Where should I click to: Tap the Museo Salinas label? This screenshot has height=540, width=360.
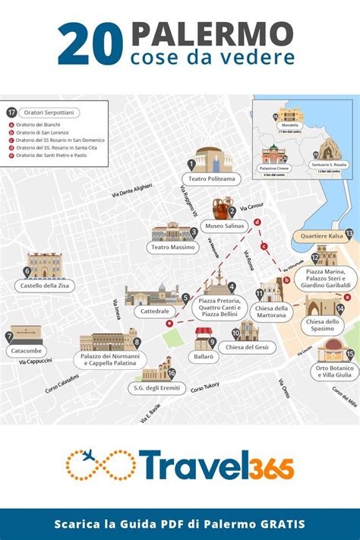tap(226, 226)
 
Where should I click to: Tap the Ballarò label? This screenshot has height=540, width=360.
tap(204, 355)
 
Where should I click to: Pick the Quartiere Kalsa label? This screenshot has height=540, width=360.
tap(322, 235)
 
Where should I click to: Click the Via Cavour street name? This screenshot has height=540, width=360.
tap(251, 207)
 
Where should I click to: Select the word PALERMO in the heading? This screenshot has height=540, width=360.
tap(212, 33)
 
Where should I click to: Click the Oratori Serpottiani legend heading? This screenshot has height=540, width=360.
tap(51, 112)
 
